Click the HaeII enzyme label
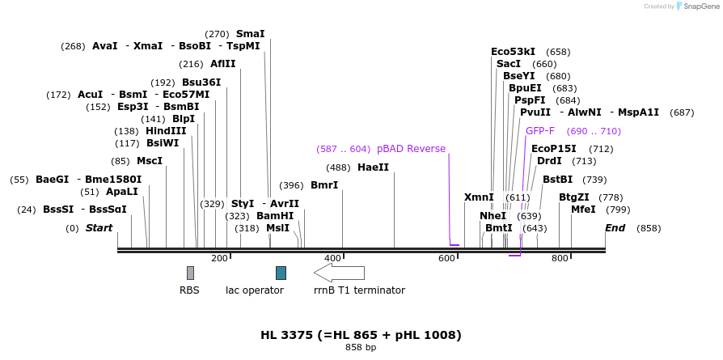point(373,167)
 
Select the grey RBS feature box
point(190,273)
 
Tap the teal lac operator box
point(281,273)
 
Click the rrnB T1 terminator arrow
point(339,273)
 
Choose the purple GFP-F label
point(540,131)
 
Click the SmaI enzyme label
point(250,34)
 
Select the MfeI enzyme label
point(583,210)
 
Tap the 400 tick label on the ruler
point(332,258)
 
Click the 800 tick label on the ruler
point(560,258)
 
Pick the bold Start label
point(99,228)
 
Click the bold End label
point(615,228)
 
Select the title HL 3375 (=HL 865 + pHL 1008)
point(361,335)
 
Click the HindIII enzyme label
point(166,131)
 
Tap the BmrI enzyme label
point(324,186)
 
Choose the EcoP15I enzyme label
point(554,149)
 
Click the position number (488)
point(338,167)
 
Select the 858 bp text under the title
point(361,348)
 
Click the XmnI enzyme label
point(479,197)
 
